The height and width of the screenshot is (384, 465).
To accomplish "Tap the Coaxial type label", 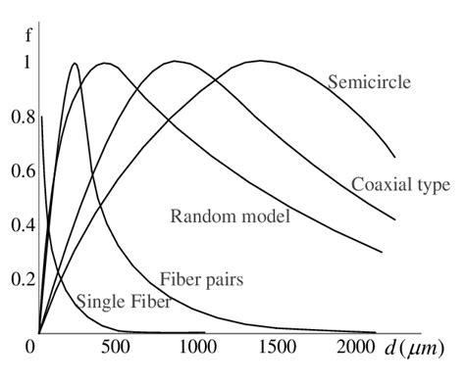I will [x=400, y=184].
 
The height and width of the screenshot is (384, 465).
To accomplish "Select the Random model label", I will [x=230, y=216].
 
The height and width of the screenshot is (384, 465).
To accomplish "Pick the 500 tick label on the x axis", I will [x=115, y=347].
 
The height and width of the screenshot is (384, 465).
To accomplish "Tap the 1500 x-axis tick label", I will [x=278, y=347].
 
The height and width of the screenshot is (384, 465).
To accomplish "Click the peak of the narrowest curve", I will [x=75, y=64].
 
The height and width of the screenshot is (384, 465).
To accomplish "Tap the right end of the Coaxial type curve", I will [x=394, y=219].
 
